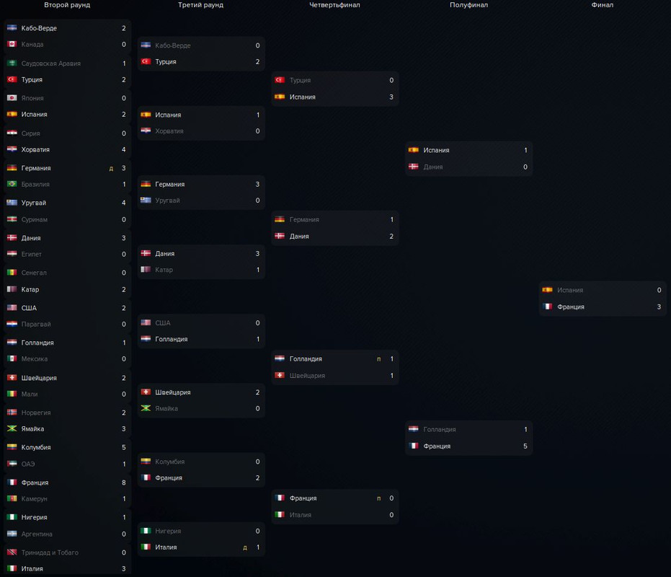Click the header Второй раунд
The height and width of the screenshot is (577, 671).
(67, 5)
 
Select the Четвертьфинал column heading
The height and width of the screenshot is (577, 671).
(334, 5)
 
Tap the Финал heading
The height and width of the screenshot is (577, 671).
(603, 5)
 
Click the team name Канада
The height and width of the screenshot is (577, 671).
(32, 45)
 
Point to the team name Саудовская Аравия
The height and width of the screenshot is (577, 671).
(50, 63)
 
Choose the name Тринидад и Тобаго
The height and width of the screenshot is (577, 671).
(50, 552)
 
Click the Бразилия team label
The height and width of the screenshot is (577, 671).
(35, 185)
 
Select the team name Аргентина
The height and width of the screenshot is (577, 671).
(37, 534)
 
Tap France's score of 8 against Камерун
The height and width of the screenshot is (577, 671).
(124, 483)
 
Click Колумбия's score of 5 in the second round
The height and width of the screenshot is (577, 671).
(124, 447)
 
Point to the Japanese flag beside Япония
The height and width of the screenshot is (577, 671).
(12, 98)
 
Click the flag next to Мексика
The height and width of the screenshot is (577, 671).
(12, 359)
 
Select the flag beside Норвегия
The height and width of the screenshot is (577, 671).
(12, 413)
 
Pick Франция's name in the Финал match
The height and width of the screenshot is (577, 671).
(571, 307)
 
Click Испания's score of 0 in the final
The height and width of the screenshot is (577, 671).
(659, 290)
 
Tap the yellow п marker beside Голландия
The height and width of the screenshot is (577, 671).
(378, 359)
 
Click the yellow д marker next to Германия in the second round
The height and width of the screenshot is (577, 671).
(111, 169)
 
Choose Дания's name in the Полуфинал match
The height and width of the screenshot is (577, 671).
(433, 167)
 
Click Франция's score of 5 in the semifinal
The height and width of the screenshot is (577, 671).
(525, 446)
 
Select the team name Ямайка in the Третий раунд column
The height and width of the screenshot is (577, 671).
(166, 409)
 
